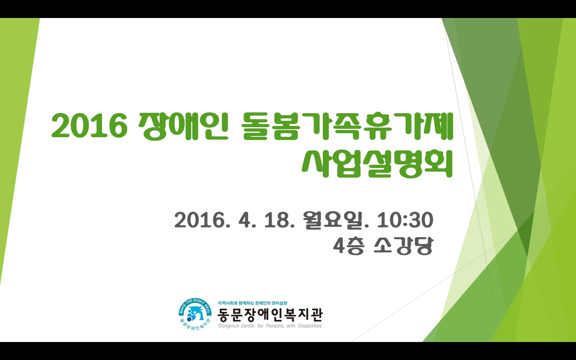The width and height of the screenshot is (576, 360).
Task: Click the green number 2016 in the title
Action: tap(90, 126)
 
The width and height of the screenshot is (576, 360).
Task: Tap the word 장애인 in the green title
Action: tap(183, 126)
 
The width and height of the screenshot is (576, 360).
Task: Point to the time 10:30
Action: tap(405, 220)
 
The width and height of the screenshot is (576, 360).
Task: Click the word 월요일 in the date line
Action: tap(334, 220)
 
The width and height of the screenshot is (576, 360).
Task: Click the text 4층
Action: tap(348, 246)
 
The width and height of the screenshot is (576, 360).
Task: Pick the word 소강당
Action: tap(404, 246)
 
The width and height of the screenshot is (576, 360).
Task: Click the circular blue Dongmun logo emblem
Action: tap(195, 315)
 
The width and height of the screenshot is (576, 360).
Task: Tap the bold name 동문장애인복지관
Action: tap(270, 315)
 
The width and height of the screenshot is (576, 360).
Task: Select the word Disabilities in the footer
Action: tap(310, 326)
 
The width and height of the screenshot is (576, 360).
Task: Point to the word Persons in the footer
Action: tap(275, 326)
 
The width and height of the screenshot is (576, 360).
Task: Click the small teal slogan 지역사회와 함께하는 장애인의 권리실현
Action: tap(252, 303)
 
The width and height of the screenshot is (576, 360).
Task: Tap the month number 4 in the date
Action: tap(244, 220)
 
